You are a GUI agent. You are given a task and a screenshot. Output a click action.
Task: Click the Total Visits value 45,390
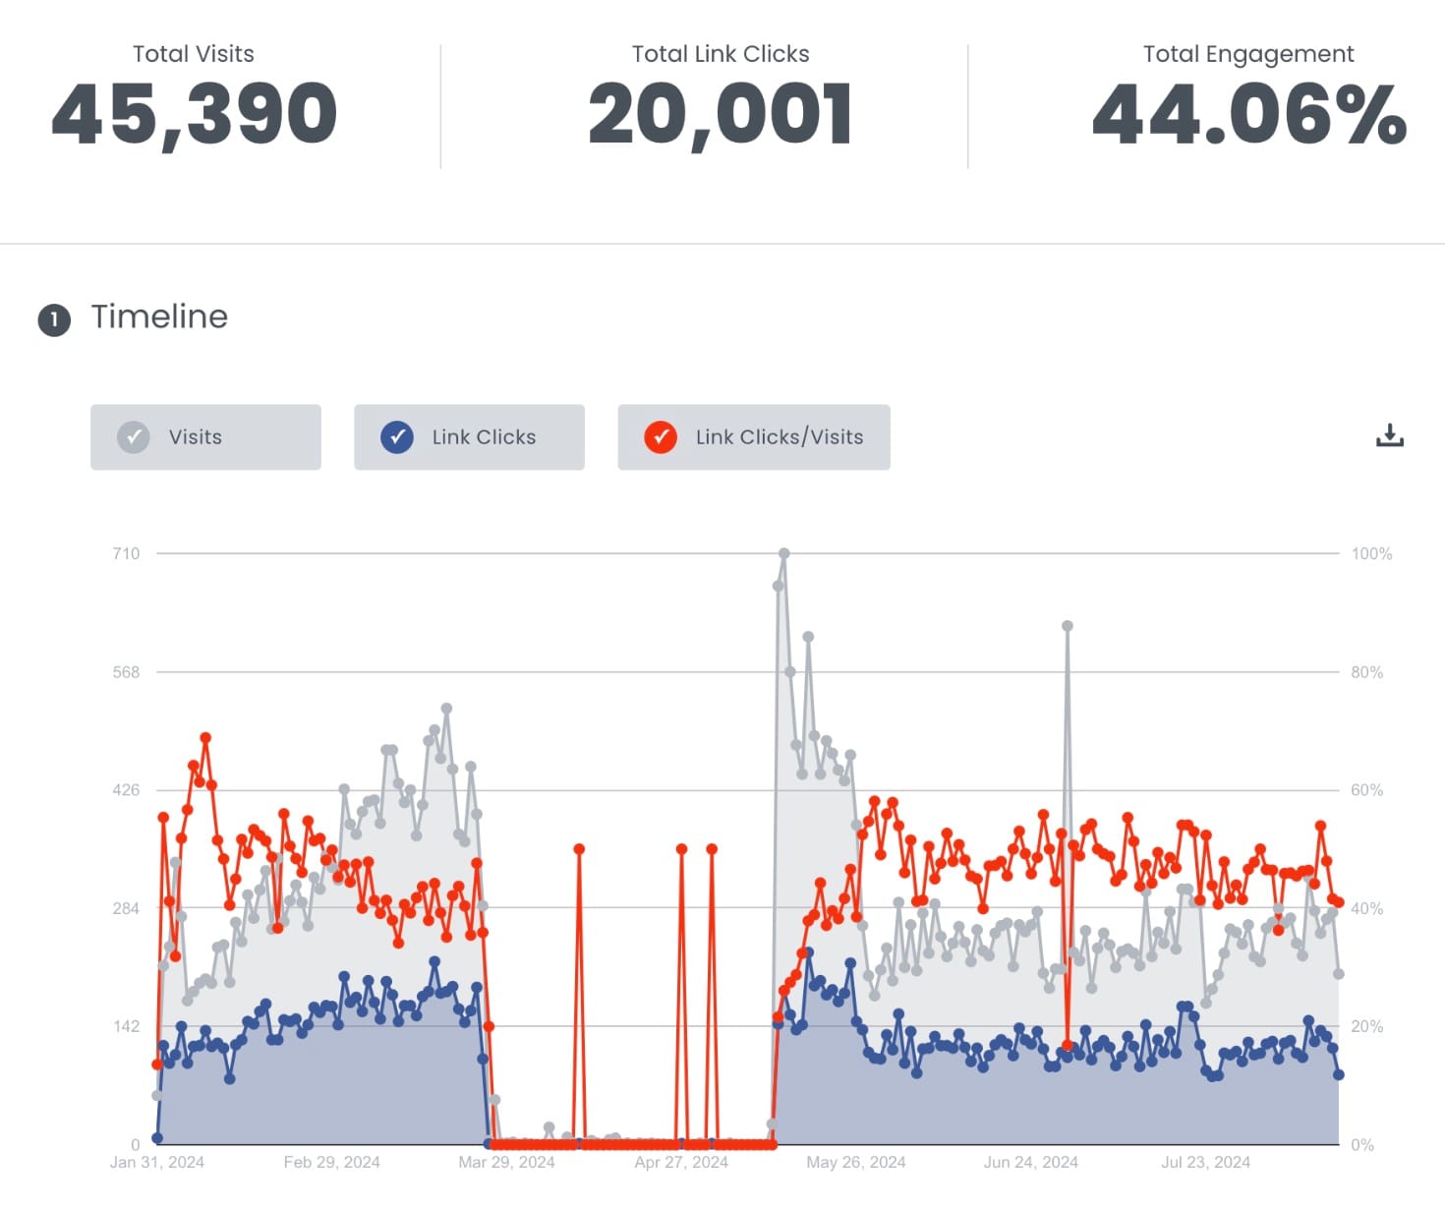pyautogui.click(x=194, y=114)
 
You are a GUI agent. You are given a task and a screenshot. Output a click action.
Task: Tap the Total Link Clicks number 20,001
pyautogui.click(x=720, y=114)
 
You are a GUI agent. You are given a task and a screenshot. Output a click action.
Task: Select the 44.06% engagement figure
pyautogui.click(x=1248, y=114)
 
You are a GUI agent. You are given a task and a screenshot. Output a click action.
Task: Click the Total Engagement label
pyautogui.click(x=1247, y=54)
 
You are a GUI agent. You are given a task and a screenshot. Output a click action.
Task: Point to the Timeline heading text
pyautogui.click(x=159, y=317)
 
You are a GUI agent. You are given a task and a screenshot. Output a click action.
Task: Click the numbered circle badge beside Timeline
pyautogui.click(x=54, y=319)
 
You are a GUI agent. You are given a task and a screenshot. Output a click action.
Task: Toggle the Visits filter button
pyautogui.click(x=205, y=437)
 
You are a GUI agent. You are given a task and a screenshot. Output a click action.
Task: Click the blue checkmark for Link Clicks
pyautogui.click(x=396, y=437)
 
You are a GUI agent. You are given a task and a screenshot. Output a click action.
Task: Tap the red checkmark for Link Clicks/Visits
pyautogui.click(x=661, y=437)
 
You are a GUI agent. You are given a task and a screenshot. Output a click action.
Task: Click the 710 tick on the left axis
pyautogui.click(x=126, y=553)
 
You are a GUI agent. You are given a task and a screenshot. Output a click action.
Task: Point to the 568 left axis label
pyautogui.click(x=126, y=672)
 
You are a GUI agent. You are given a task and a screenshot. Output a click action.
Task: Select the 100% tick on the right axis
pyautogui.click(x=1371, y=553)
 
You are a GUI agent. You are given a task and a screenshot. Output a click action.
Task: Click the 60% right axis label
pyautogui.click(x=1366, y=790)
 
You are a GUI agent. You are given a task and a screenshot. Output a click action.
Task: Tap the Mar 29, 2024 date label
pyautogui.click(x=506, y=1162)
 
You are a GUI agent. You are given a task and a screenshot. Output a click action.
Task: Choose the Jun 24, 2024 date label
pyautogui.click(x=1030, y=1162)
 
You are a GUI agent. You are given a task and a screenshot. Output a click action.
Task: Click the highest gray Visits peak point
pyautogui.click(x=783, y=553)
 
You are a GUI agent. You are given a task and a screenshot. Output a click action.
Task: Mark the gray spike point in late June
pyautogui.click(x=1067, y=625)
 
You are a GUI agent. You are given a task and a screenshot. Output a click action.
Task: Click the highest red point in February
pyautogui.click(x=205, y=737)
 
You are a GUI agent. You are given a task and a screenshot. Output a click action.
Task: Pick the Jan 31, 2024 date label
pyautogui.click(x=157, y=1162)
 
